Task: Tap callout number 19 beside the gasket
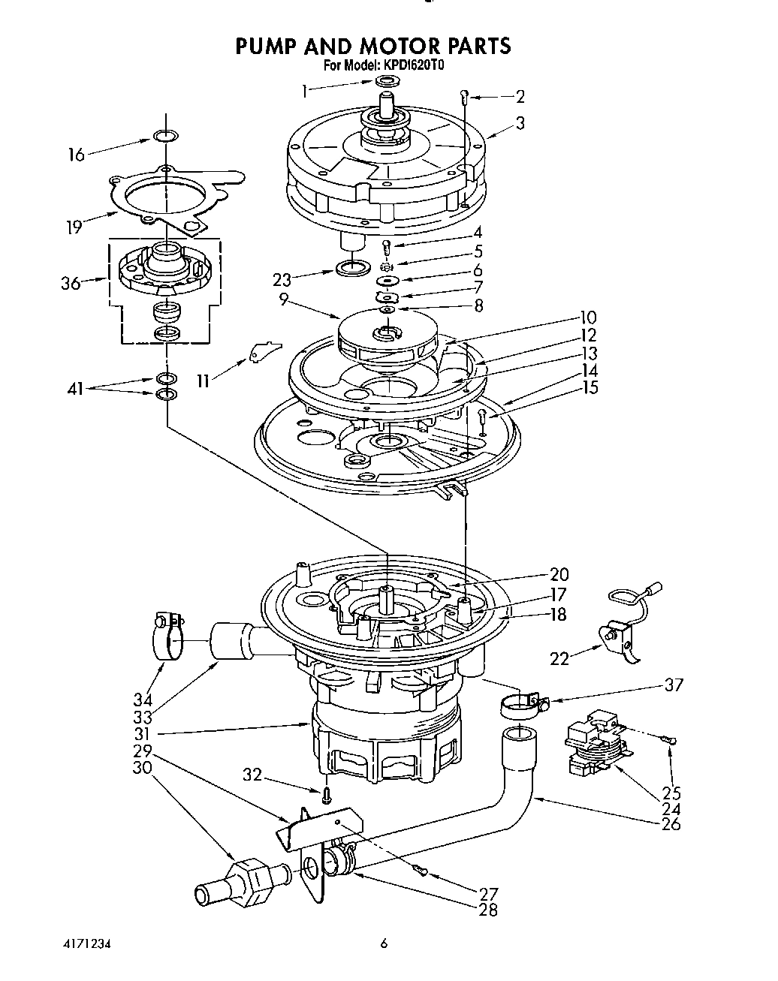(73, 226)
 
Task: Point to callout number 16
(76, 155)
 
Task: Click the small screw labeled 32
(327, 793)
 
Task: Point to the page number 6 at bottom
(383, 944)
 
